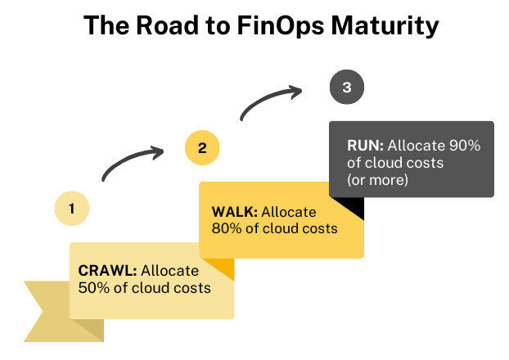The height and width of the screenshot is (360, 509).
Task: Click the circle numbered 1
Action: [x=72, y=209]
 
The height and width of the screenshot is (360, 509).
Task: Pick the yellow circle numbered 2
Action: [x=201, y=148]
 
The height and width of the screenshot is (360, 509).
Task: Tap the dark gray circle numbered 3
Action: [x=346, y=88]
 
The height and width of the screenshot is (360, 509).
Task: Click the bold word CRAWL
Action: [x=108, y=271]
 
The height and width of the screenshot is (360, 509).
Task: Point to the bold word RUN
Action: [x=365, y=146]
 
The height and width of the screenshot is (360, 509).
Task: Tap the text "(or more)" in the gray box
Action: [x=378, y=180]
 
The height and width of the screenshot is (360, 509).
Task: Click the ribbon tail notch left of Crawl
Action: [x=41, y=311]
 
